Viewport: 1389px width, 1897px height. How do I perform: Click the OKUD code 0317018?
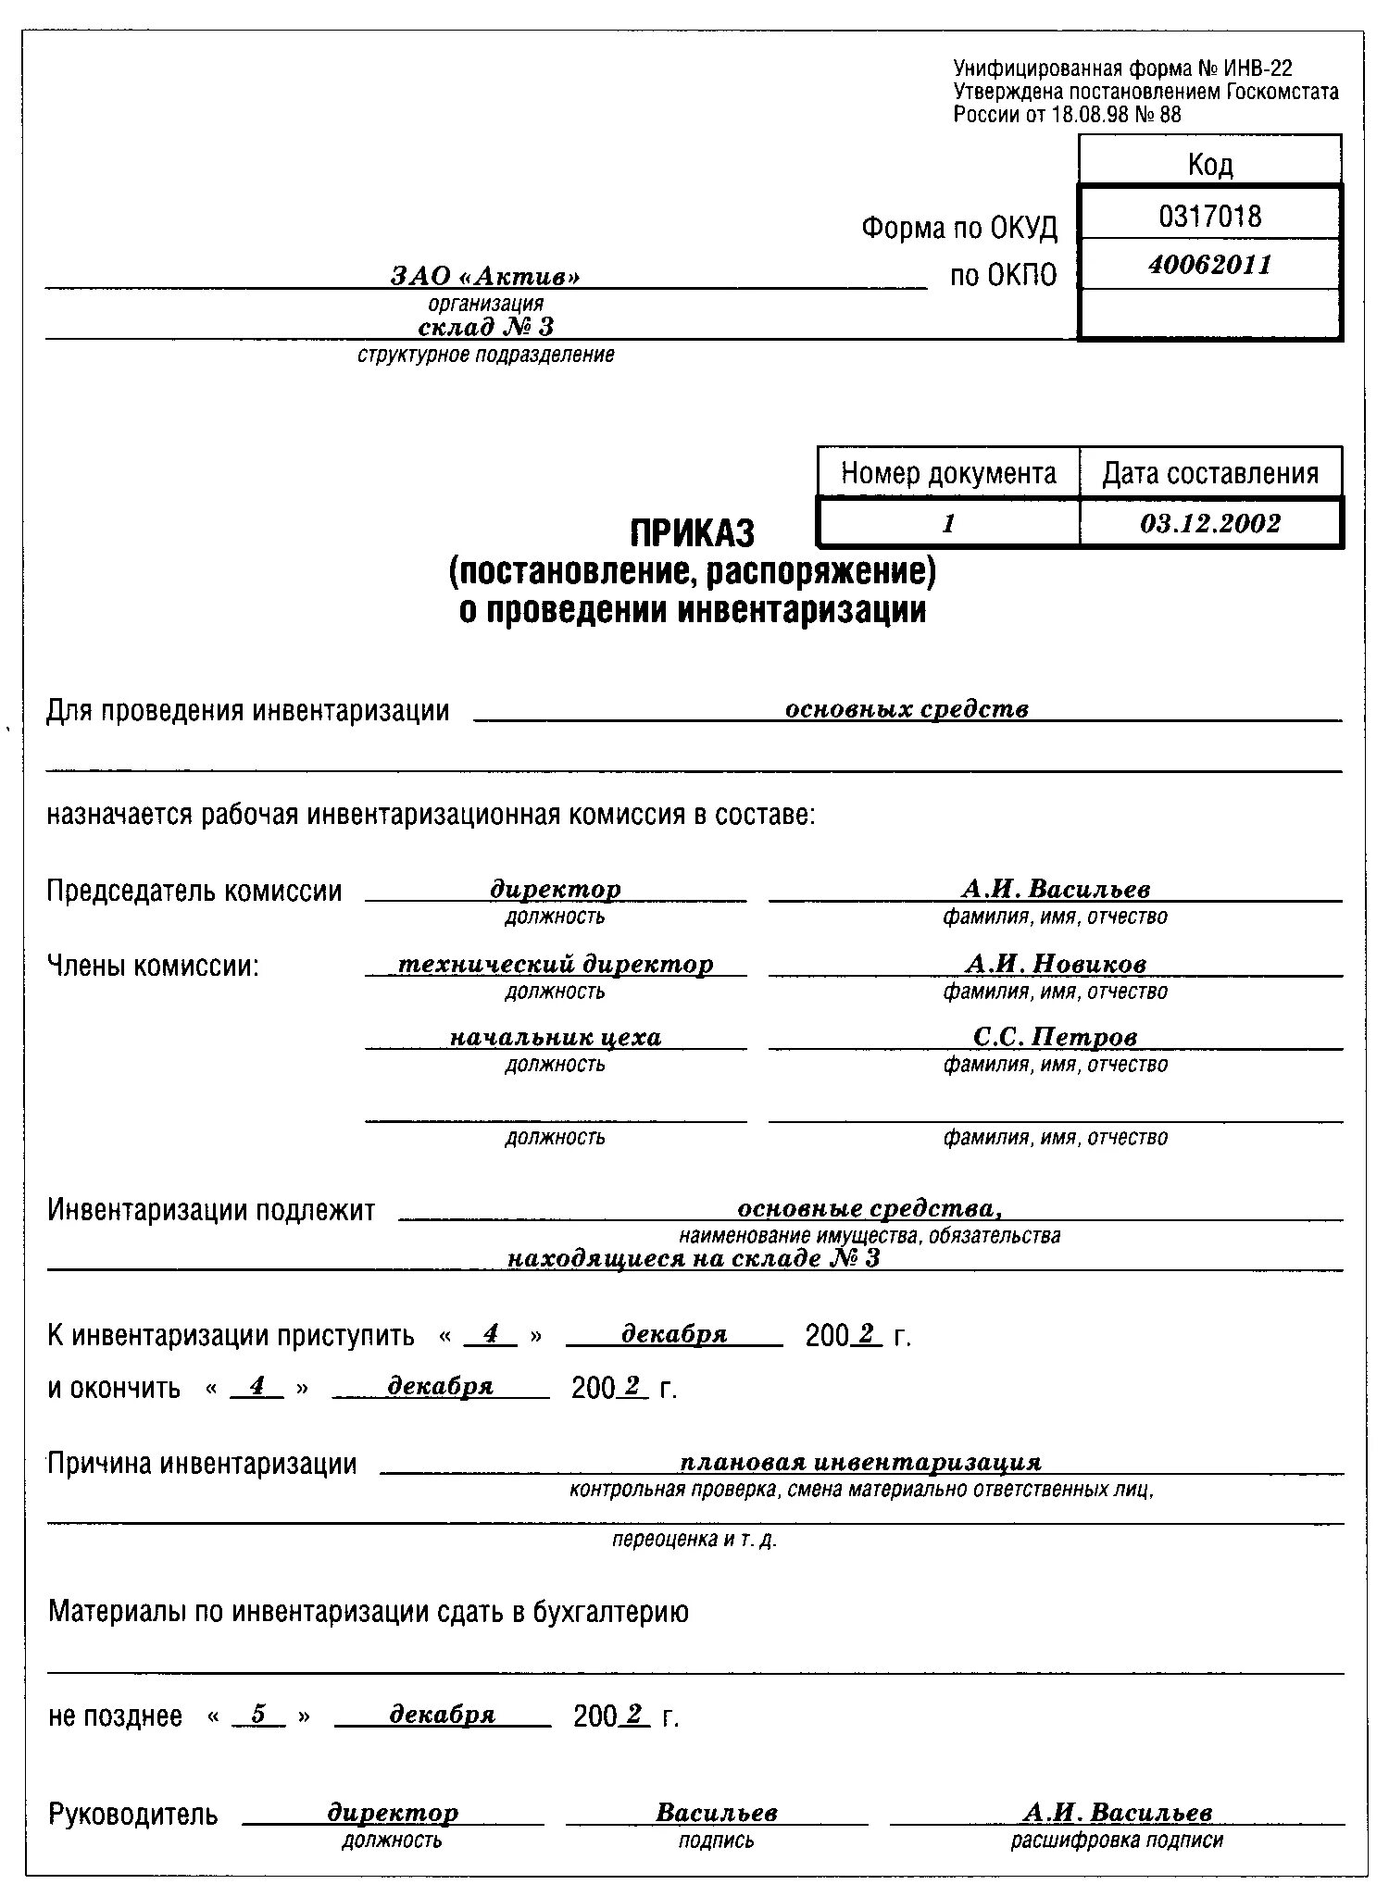pos(1209,217)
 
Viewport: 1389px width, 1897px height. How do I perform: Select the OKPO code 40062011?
pos(1209,266)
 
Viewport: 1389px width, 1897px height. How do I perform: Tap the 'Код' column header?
pos(1209,165)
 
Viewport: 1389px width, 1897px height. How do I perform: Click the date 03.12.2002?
pos(1209,524)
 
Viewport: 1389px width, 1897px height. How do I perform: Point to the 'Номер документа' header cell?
pos(948,474)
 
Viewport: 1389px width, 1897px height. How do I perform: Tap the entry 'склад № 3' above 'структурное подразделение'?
pos(485,327)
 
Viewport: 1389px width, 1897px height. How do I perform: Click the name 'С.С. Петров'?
pos(1055,1037)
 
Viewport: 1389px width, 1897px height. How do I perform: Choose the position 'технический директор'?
pos(556,964)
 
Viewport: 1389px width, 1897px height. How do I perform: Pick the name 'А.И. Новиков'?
pos(1056,964)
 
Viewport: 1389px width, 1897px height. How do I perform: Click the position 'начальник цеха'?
pos(556,1037)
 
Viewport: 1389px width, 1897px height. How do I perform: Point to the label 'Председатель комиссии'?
pos(194,892)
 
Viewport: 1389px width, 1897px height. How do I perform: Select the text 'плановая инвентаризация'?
pos(860,1463)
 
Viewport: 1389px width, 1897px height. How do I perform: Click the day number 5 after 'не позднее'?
pos(258,1715)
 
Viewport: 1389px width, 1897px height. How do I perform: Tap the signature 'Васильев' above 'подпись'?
pos(717,1812)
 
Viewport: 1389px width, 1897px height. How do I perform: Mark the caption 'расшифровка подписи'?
pos(1117,1840)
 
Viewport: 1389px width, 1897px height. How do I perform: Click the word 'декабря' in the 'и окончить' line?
pos(440,1386)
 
